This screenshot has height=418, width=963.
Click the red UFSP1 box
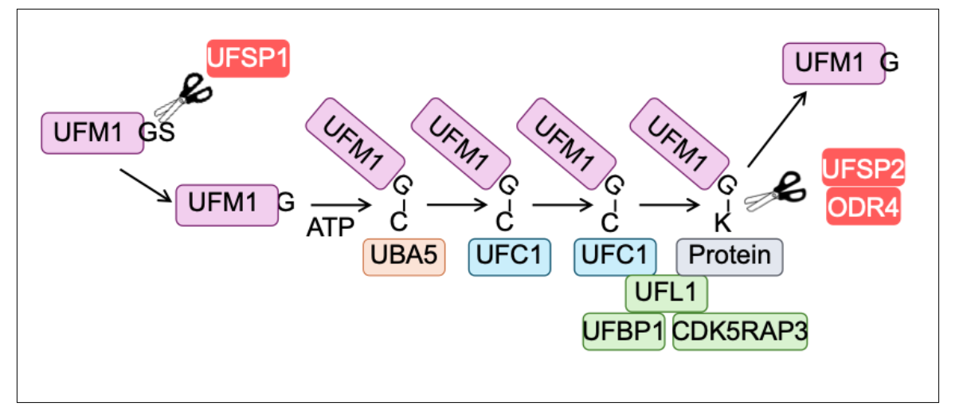(248, 58)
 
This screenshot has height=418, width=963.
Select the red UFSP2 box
(863, 167)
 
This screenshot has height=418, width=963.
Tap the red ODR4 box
(863, 206)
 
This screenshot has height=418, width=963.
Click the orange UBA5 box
(404, 257)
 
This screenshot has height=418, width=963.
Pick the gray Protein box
(730, 257)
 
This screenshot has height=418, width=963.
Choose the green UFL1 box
(667, 294)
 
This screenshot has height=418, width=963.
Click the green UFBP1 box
(624, 332)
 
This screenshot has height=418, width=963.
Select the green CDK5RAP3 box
(740, 332)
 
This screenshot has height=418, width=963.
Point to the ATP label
(331, 227)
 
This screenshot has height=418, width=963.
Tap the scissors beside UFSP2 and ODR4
(775, 193)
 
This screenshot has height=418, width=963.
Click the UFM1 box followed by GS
(92, 133)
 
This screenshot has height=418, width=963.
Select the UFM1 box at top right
(834, 63)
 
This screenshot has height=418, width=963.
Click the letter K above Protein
(722, 223)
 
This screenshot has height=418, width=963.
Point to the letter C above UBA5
(398, 222)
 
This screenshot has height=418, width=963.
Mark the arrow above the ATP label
(341, 205)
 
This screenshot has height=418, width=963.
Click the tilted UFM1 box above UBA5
(355, 144)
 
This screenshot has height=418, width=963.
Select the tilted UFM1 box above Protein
(679, 144)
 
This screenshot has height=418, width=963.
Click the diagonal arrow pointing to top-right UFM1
(777, 129)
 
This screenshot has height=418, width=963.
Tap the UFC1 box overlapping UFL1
(615, 257)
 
